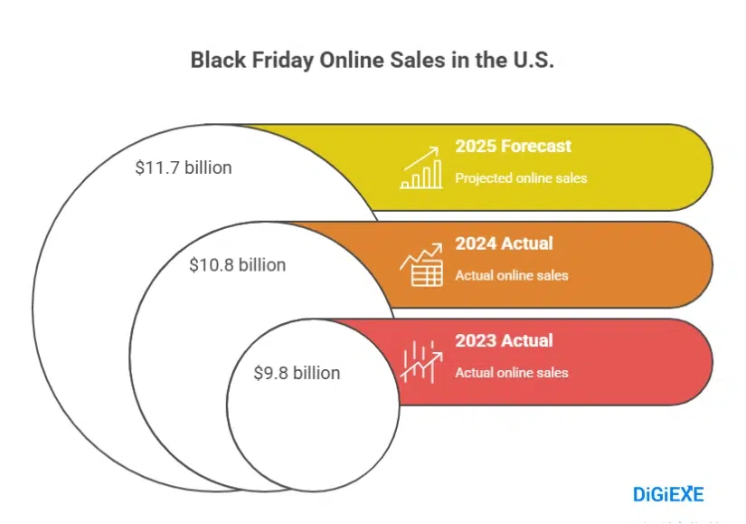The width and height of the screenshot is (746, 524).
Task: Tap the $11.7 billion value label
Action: (x=184, y=167)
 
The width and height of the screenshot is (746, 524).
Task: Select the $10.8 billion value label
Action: (x=237, y=265)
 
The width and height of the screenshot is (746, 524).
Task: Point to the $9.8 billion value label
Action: (x=297, y=372)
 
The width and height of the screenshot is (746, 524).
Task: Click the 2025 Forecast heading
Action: (x=513, y=146)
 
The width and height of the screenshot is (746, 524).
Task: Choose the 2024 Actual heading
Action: (x=504, y=243)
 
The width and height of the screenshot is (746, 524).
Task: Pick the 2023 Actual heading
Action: (x=504, y=341)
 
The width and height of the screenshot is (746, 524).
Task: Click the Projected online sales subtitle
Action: (x=521, y=178)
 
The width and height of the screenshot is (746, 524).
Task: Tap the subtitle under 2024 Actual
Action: (x=512, y=275)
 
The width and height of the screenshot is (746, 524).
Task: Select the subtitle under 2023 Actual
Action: (x=512, y=373)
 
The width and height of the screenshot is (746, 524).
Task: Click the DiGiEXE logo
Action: (x=668, y=493)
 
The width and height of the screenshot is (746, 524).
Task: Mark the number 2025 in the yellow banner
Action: (x=476, y=146)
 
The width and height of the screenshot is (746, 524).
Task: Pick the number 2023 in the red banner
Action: (x=476, y=341)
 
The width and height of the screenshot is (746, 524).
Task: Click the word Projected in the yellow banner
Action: (x=483, y=178)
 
